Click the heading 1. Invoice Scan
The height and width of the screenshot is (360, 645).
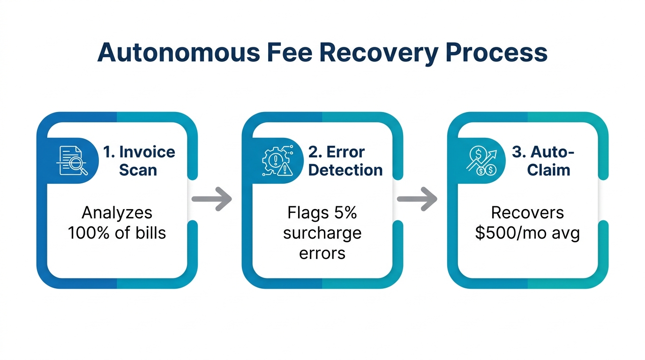(139, 161)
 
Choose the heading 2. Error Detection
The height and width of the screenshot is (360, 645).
(345, 161)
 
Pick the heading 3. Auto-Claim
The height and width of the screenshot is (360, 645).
(548, 161)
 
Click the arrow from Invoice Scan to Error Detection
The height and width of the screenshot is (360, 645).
(212, 199)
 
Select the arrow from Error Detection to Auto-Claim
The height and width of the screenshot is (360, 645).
(417, 199)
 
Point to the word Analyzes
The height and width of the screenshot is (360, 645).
(117, 213)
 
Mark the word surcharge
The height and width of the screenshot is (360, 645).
(322, 233)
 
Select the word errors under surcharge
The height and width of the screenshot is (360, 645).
(322, 253)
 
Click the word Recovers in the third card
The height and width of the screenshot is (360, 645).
(527, 213)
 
